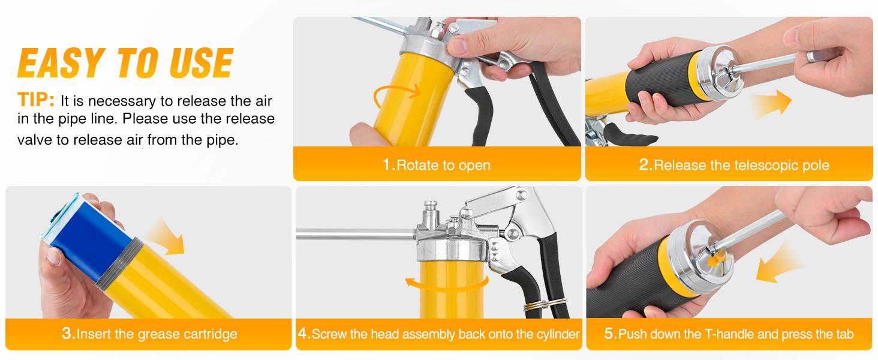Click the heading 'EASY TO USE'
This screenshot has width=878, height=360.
pyautogui.click(x=125, y=63)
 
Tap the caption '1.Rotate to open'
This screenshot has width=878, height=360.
pyautogui.click(x=437, y=165)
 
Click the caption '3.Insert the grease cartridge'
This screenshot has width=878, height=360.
pyautogui.click(x=149, y=334)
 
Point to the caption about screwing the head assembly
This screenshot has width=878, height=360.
pyautogui.click(x=438, y=334)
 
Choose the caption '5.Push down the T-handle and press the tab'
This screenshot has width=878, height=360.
pyautogui.click(x=729, y=334)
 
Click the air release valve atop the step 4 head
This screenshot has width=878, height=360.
pyautogui.click(x=431, y=211)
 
